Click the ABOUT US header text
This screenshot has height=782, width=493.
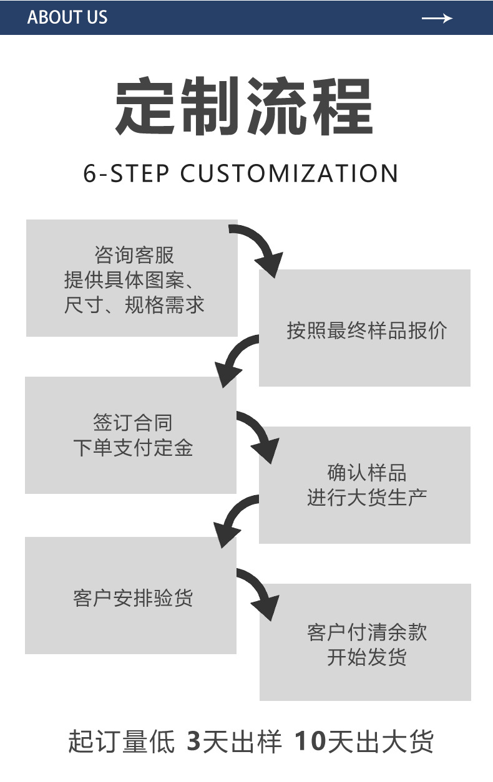[67, 17]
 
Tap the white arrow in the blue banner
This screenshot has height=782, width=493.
[437, 18]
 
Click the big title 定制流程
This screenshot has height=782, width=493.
[244, 106]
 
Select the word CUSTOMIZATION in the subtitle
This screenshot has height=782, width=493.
[289, 173]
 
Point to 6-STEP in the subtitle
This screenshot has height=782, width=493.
[126, 173]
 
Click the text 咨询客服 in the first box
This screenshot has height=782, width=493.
[134, 255]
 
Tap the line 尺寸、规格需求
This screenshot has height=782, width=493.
[134, 305]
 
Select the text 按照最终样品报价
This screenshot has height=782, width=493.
[366, 331]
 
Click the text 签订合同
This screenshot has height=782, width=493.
[133, 422]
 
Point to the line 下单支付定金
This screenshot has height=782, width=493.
[133, 448]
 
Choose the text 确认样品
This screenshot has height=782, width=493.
[367, 472]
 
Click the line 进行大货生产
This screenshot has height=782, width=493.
[367, 498]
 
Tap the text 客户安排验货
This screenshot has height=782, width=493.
[133, 599]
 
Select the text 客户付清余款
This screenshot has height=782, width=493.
[367, 632]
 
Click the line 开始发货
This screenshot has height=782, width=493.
[367, 657]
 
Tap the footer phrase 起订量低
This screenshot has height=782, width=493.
[121, 741]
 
